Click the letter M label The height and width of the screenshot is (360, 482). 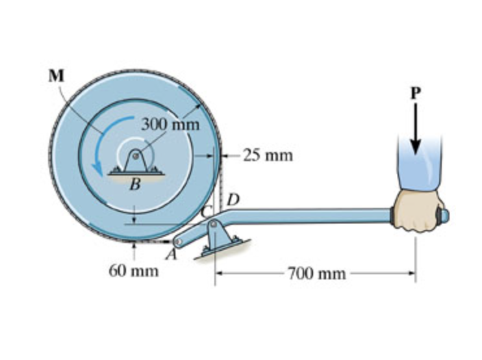pyautogui.click(x=57, y=75)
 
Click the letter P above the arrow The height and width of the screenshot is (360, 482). pyautogui.click(x=416, y=93)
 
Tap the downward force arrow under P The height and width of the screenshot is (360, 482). pyautogui.click(x=416, y=127)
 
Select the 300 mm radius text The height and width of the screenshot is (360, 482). pyautogui.click(x=170, y=123)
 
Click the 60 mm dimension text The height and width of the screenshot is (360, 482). pyautogui.click(x=133, y=270)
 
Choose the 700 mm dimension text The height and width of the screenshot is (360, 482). pyautogui.click(x=317, y=273)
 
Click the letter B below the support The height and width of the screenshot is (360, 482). pyautogui.click(x=135, y=184)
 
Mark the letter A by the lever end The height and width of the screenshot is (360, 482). pyautogui.click(x=171, y=255)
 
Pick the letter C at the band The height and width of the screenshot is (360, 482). pyautogui.click(x=207, y=212)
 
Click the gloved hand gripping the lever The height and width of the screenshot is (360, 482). pyautogui.click(x=419, y=209)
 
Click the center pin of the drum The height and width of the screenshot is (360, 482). pyautogui.click(x=135, y=155)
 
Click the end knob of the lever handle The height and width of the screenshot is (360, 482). pyautogui.click(x=446, y=214)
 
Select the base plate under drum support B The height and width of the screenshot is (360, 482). pyautogui.click(x=135, y=173)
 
